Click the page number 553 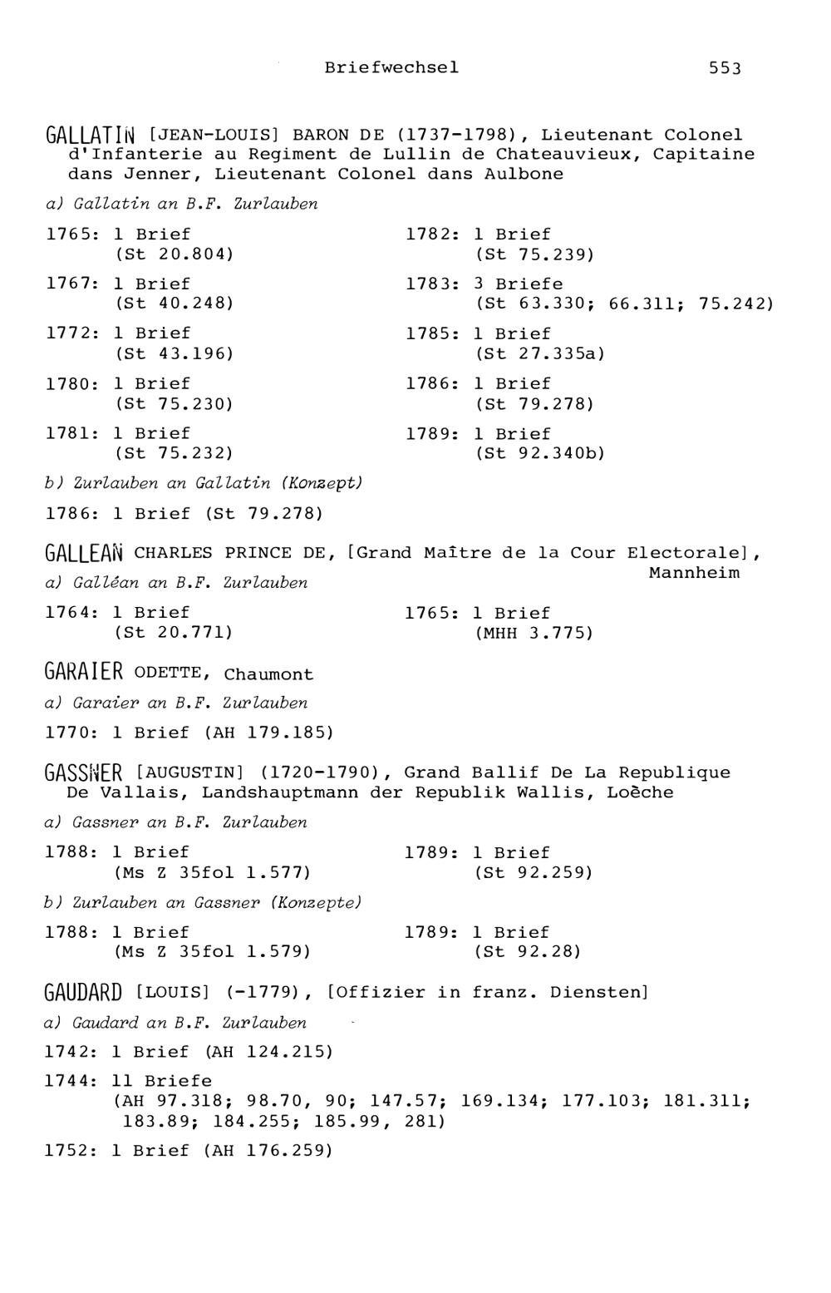coord(725,68)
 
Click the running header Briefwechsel coord(391,67)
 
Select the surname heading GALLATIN coord(94,135)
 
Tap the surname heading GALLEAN coord(85,553)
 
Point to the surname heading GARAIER coord(84,673)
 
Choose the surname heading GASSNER coord(84,773)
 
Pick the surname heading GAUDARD coord(83,992)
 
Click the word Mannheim coord(694,573)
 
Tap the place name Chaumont coord(268,674)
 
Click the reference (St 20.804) coord(174,254)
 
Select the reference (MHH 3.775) coord(534,633)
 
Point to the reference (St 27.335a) coord(540,353)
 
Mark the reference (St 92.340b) coord(540,453)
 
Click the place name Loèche coord(640,792)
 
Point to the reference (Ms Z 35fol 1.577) coord(212,872)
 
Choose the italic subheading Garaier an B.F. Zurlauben coord(176,703)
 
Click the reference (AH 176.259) coord(268,1151)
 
